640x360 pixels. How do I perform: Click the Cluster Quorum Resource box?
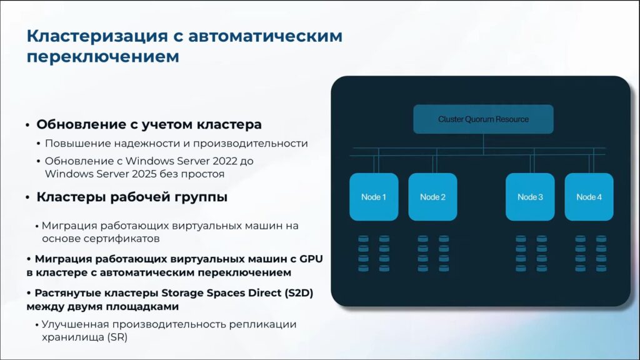tap(483, 119)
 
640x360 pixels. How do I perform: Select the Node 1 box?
tap(374, 197)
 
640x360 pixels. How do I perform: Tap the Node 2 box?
tap(432, 197)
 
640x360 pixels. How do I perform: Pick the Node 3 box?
tap(530, 197)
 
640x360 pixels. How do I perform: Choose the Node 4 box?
tap(589, 197)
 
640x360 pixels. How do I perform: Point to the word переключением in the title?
tap(103, 56)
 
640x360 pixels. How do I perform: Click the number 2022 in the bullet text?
tap(223, 161)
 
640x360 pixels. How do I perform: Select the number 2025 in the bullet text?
tap(143, 174)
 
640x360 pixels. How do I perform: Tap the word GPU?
tap(311, 259)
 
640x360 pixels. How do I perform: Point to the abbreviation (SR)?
tap(117, 337)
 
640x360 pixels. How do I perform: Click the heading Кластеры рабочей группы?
tap(132, 197)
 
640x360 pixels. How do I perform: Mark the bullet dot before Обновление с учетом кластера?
tap(27, 125)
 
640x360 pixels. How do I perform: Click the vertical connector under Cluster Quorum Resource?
tap(483, 144)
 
